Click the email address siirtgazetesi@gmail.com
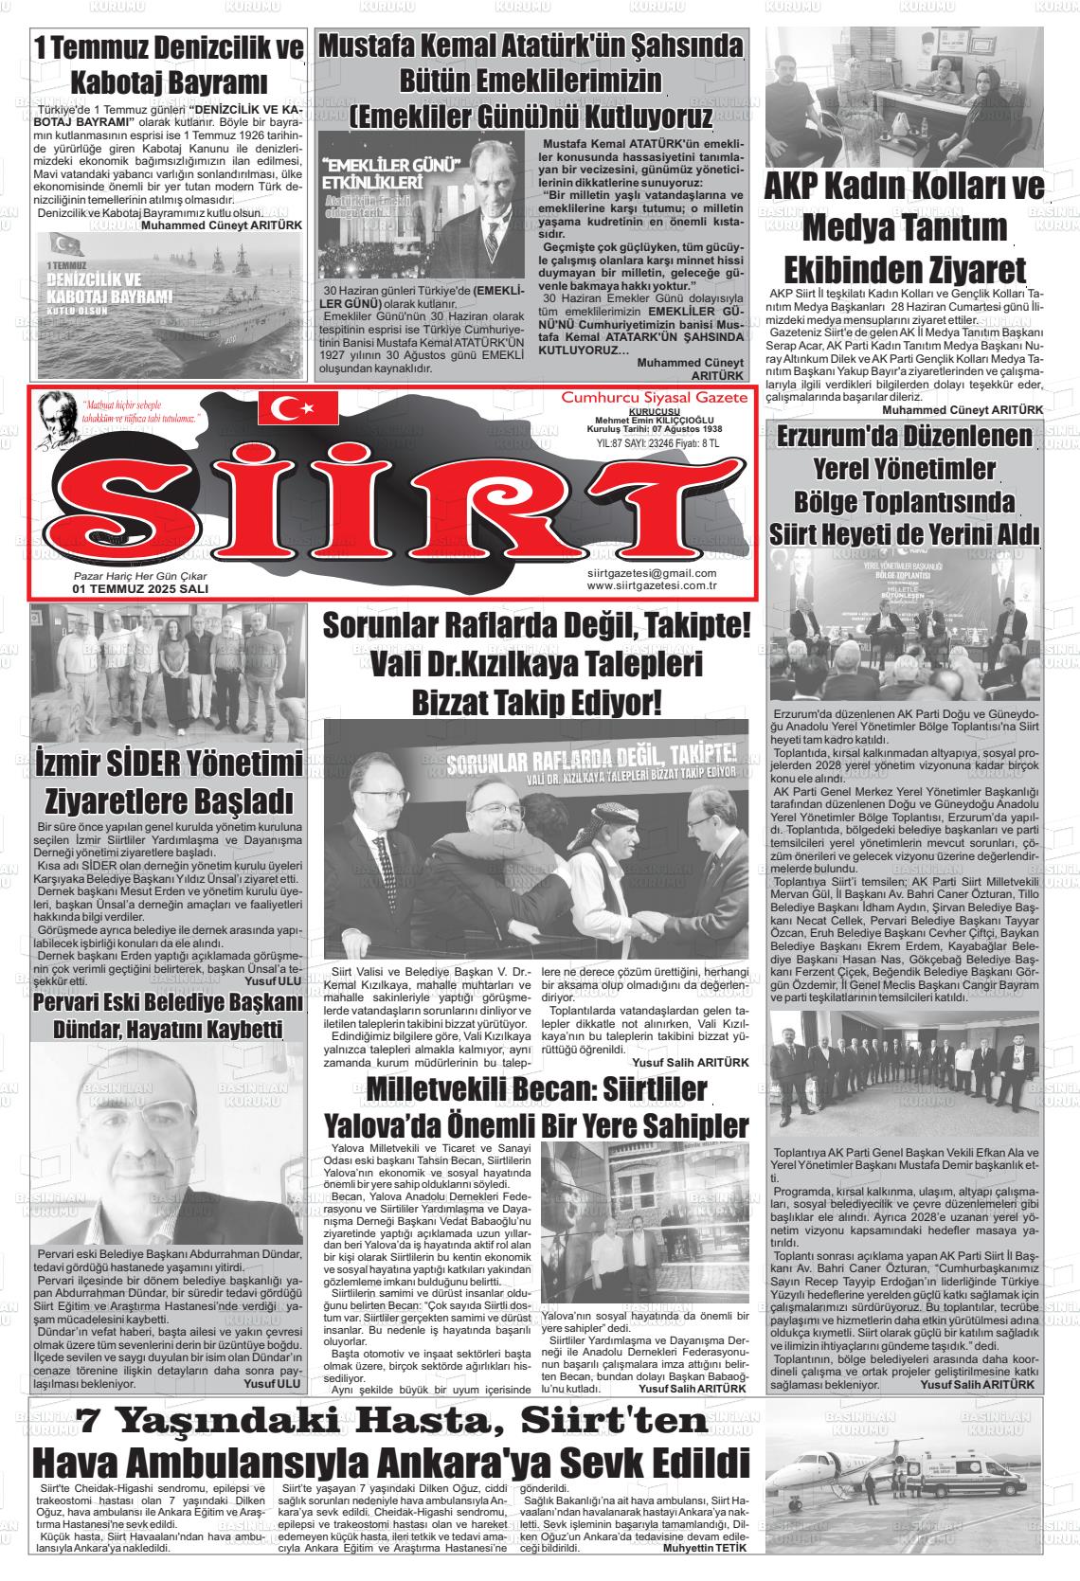(651, 573)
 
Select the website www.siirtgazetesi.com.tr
(651, 585)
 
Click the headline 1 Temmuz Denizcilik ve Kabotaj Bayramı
(169, 63)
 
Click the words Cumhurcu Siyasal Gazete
(654, 398)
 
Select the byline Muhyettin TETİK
(705, 1549)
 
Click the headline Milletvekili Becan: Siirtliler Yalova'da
(536, 1107)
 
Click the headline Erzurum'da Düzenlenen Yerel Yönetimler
(904, 484)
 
